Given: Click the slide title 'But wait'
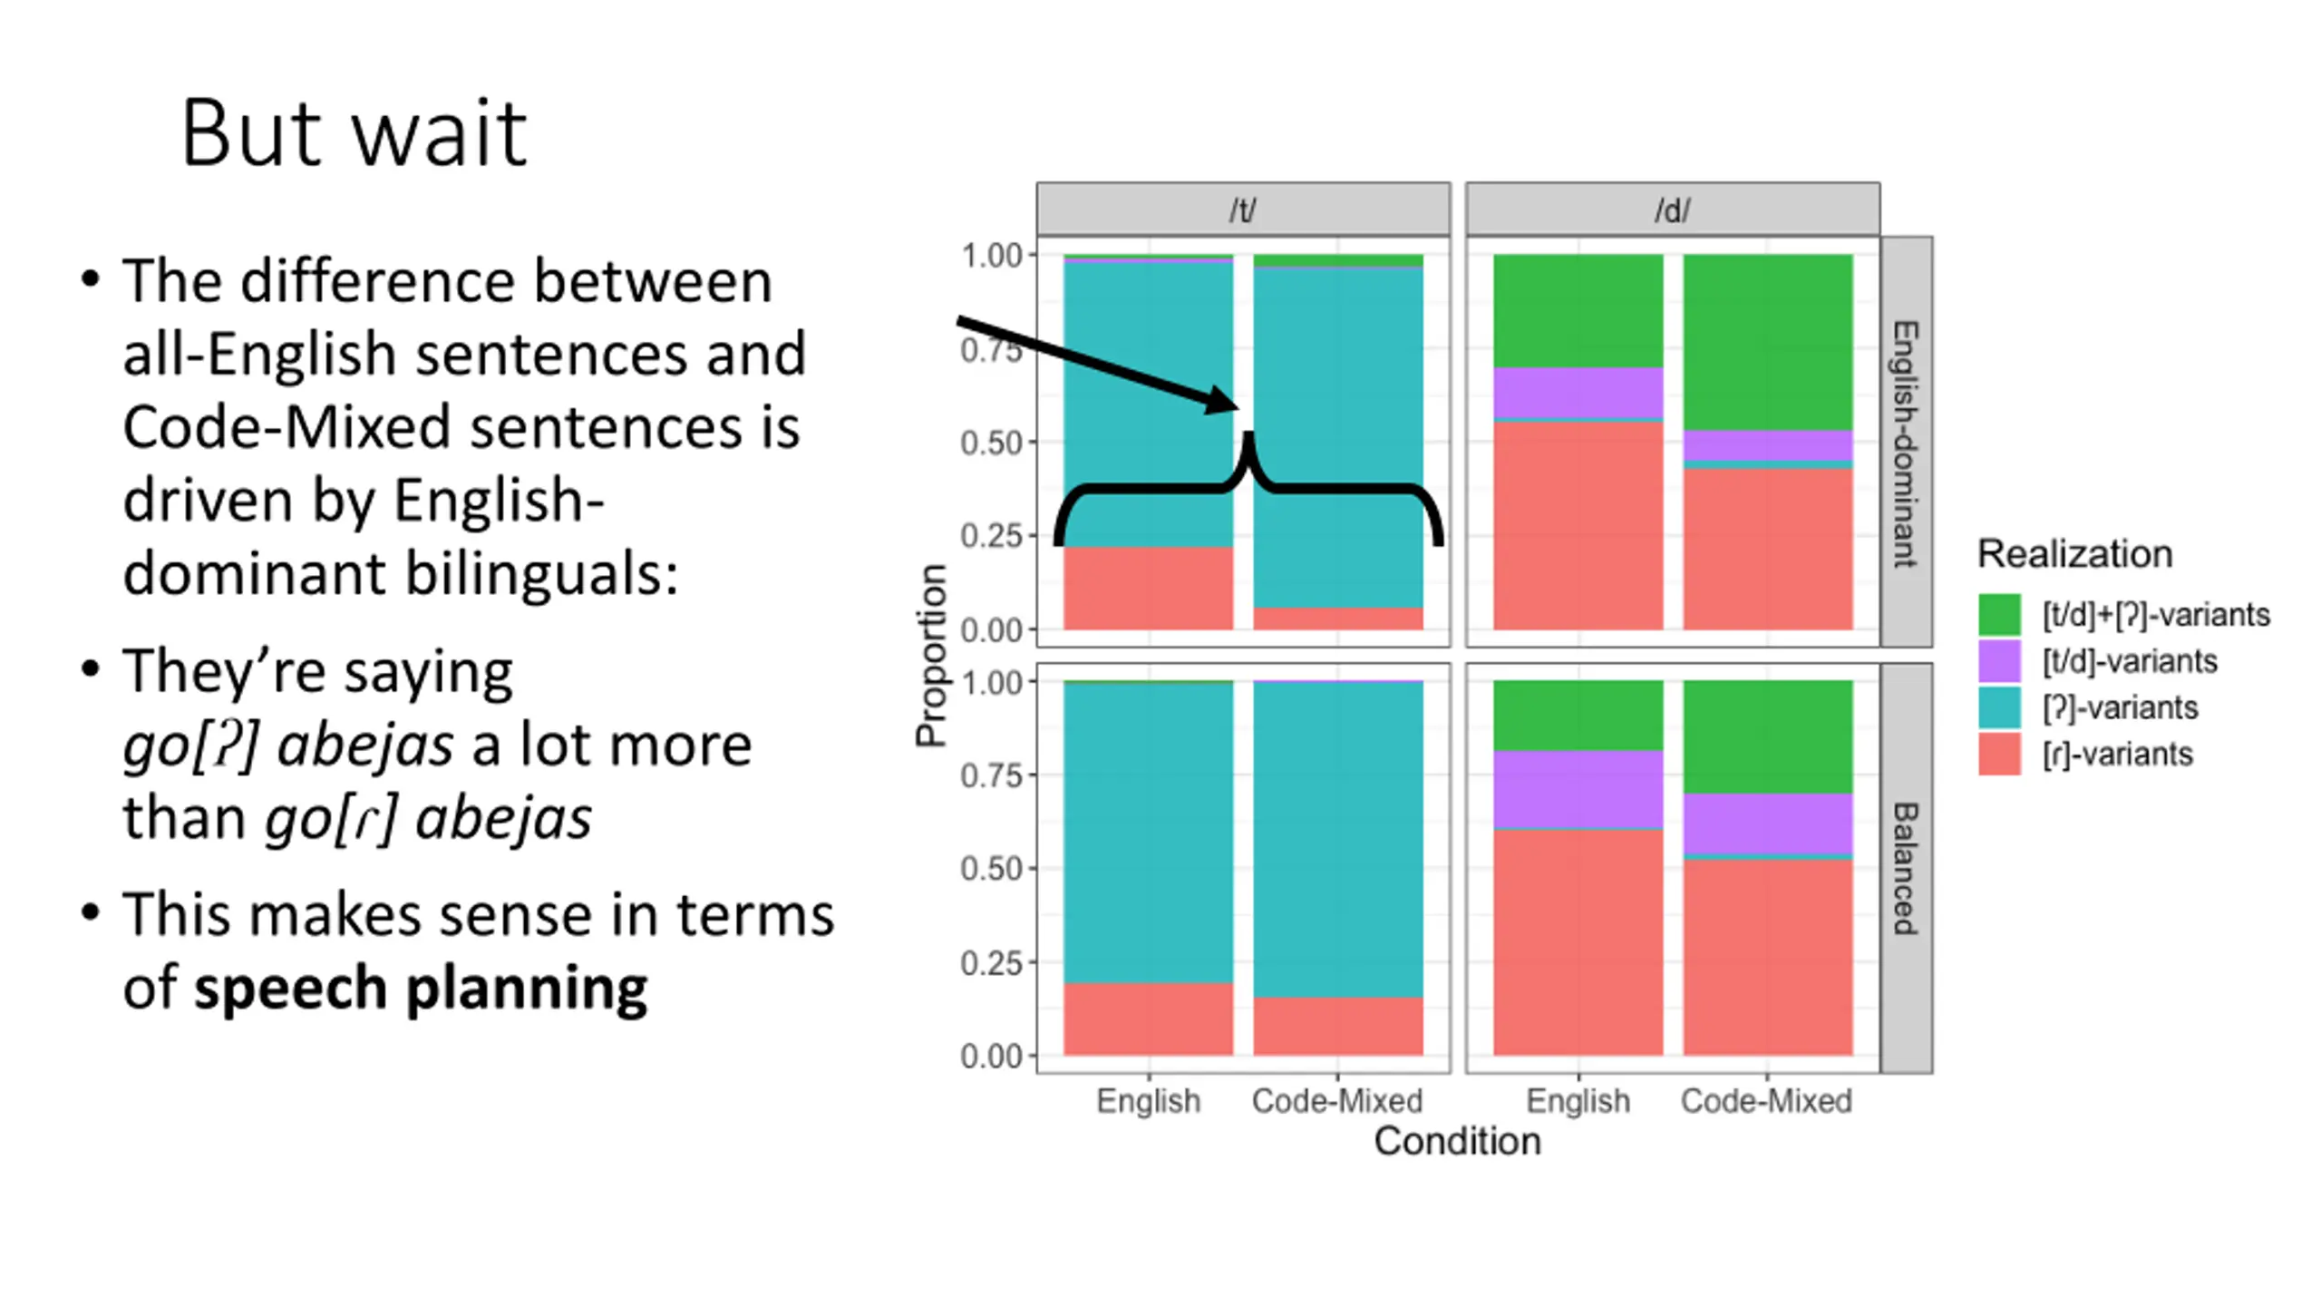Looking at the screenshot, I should tap(354, 134).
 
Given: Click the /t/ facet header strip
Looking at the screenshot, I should tap(1242, 210).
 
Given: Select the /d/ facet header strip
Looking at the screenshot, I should tap(1672, 210).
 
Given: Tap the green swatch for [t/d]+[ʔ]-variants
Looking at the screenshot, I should tap(1999, 614).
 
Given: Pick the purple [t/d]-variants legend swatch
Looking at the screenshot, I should tap(1999, 660).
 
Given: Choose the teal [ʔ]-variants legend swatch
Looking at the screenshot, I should tap(1999, 707).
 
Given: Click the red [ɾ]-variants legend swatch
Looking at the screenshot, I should tap(1999, 754).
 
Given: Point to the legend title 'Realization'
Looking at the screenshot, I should tap(2074, 553).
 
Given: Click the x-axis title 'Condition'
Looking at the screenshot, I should tap(1457, 1141).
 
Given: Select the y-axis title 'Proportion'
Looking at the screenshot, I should tap(931, 655).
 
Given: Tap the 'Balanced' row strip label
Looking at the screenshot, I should tap(1905, 868).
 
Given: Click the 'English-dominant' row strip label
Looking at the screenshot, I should tap(1905, 443).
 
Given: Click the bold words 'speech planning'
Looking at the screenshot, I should tap(421, 987).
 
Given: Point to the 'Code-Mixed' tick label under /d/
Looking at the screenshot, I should tap(1766, 1101).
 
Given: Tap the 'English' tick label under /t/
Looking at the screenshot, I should tap(1148, 1101).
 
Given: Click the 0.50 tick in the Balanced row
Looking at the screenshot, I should tap(991, 869).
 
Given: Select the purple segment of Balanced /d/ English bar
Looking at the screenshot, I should tap(1578, 789).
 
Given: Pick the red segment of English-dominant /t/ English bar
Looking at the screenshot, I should tap(1148, 588).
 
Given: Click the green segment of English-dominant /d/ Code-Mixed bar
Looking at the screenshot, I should tap(1767, 342).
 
